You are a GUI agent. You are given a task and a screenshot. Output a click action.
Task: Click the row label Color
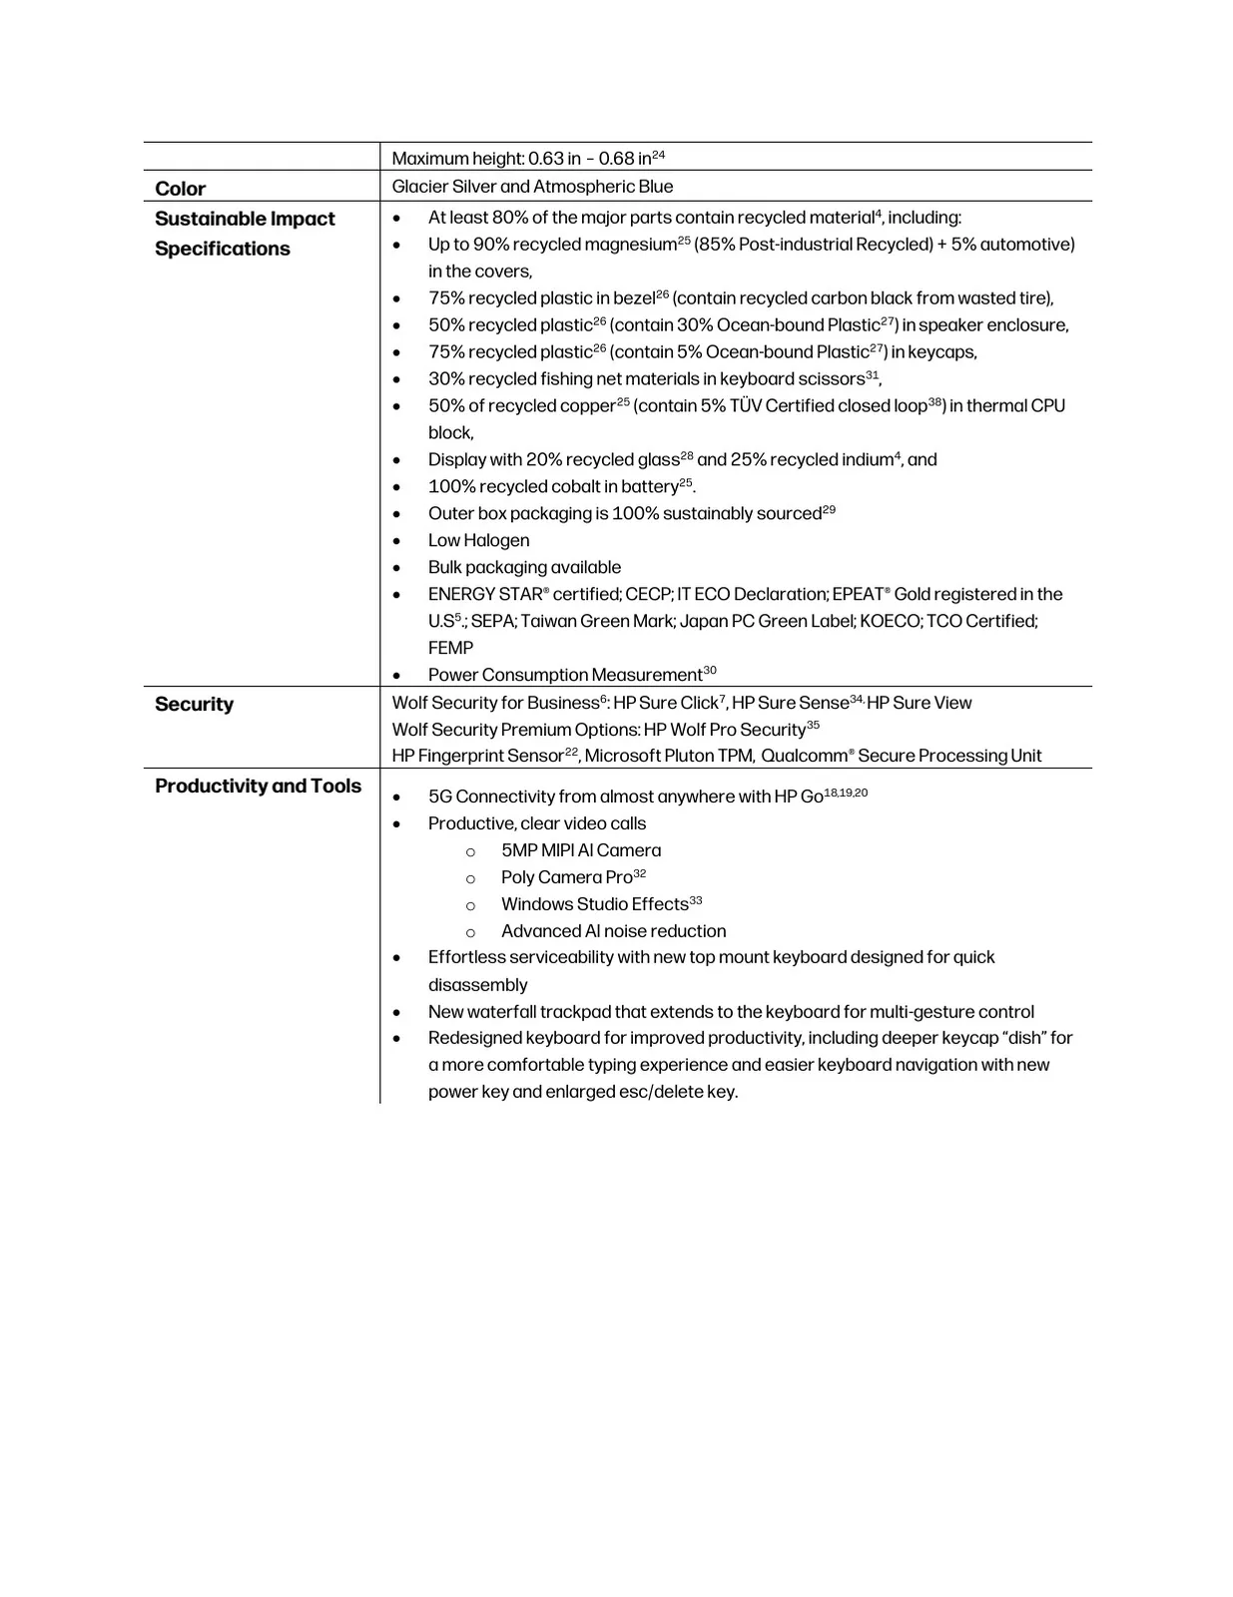click(x=180, y=189)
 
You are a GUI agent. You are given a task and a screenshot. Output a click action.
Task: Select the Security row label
click(x=194, y=704)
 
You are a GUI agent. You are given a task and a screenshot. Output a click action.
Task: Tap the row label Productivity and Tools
click(x=258, y=786)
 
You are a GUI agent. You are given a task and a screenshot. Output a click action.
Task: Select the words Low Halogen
click(x=478, y=540)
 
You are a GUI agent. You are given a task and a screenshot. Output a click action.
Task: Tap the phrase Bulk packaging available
click(x=524, y=567)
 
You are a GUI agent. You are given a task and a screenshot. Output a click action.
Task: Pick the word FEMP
click(x=450, y=648)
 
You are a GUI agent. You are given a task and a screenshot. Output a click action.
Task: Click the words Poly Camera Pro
click(x=566, y=877)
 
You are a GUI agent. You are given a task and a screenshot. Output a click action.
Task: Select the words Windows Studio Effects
click(x=594, y=904)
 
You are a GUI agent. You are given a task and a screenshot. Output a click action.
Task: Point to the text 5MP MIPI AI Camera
click(x=580, y=850)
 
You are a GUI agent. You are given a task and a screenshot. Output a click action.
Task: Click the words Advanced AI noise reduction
click(x=613, y=931)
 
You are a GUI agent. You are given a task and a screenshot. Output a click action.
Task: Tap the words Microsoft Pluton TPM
click(x=669, y=756)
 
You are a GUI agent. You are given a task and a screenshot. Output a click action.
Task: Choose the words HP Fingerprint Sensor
click(x=477, y=756)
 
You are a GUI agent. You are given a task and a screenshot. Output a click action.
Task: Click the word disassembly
click(x=477, y=985)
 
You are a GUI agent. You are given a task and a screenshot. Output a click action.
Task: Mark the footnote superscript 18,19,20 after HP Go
click(x=846, y=793)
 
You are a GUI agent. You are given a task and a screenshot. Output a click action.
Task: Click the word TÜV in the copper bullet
click(x=745, y=406)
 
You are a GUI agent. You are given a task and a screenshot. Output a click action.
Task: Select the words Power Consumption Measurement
click(x=565, y=675)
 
